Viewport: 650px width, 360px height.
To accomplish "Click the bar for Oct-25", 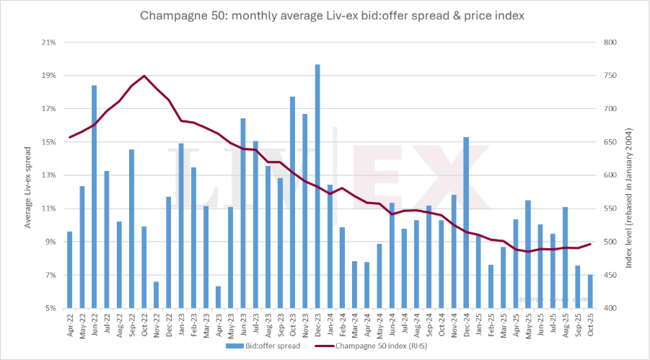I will [590, 291].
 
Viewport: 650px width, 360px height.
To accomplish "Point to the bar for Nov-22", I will [157, 295].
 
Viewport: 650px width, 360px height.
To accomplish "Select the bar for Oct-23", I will [293, 202].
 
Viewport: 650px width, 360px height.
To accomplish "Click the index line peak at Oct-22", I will [144, 76].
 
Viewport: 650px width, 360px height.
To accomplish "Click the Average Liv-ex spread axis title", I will [28, 175].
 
